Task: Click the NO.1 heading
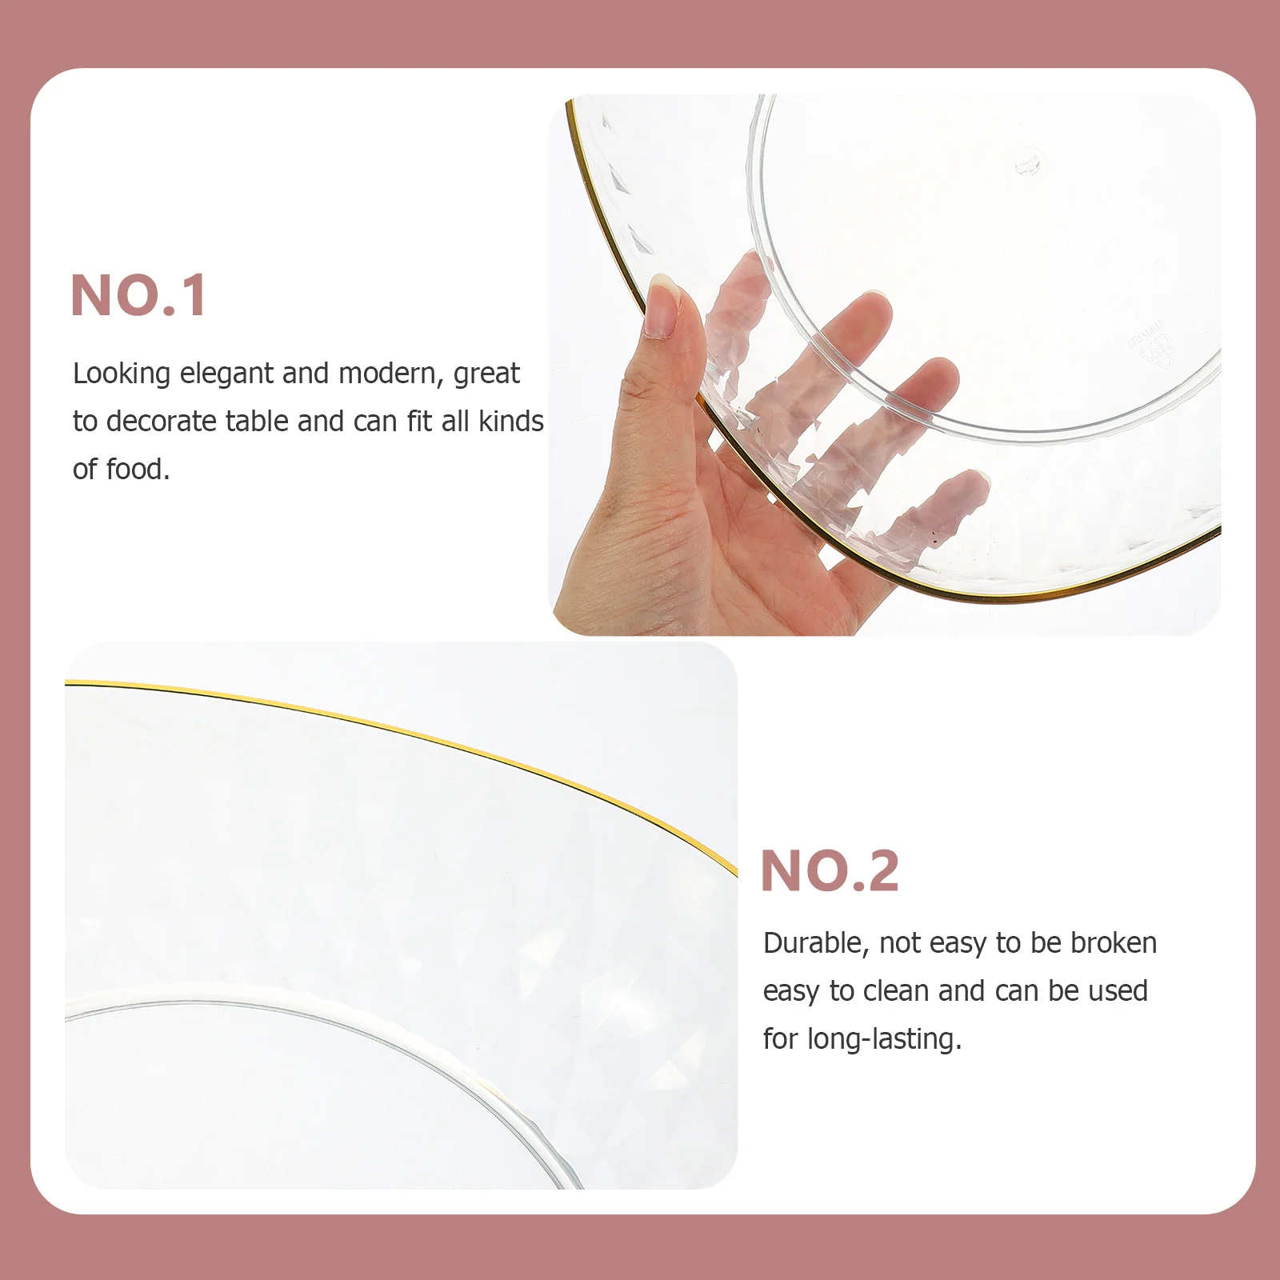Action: [139, 296]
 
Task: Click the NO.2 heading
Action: [830, 870]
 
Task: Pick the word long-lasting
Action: [884, 1040]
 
